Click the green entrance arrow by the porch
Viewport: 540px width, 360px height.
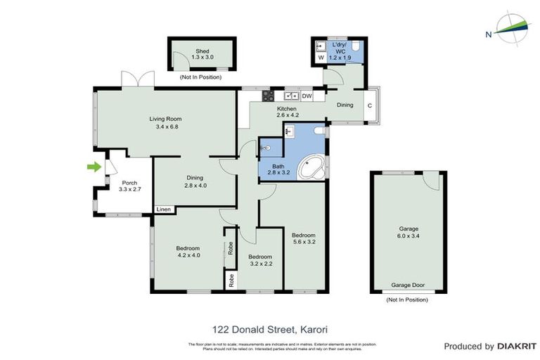92,167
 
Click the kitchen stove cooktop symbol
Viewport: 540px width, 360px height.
266,96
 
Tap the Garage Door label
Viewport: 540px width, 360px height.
408,286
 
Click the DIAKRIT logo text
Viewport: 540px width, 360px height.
517,346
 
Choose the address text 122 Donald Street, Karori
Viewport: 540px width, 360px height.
270,328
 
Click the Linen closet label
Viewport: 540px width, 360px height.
163,210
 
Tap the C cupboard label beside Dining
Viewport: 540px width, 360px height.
370,106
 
